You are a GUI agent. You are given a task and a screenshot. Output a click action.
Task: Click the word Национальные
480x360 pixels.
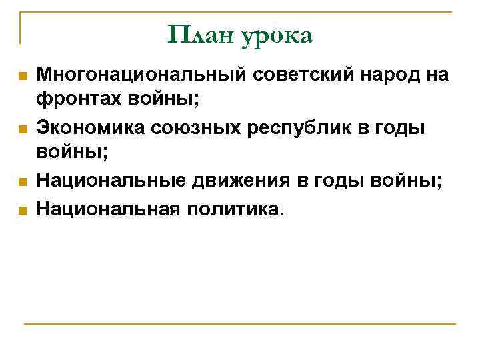click(111, 180)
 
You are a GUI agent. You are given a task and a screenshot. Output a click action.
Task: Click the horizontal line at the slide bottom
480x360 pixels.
click(240, 325)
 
